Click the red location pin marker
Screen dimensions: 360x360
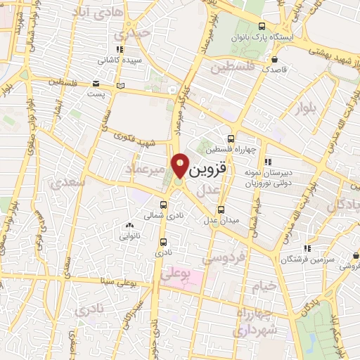(181, 165)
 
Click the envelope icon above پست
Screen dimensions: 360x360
(96, 82)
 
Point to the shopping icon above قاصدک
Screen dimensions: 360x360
(282, 59)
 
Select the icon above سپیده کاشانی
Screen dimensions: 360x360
(120, 49)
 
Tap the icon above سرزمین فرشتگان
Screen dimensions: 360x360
(307, 248)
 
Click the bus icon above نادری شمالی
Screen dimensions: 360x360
(164, 205)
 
